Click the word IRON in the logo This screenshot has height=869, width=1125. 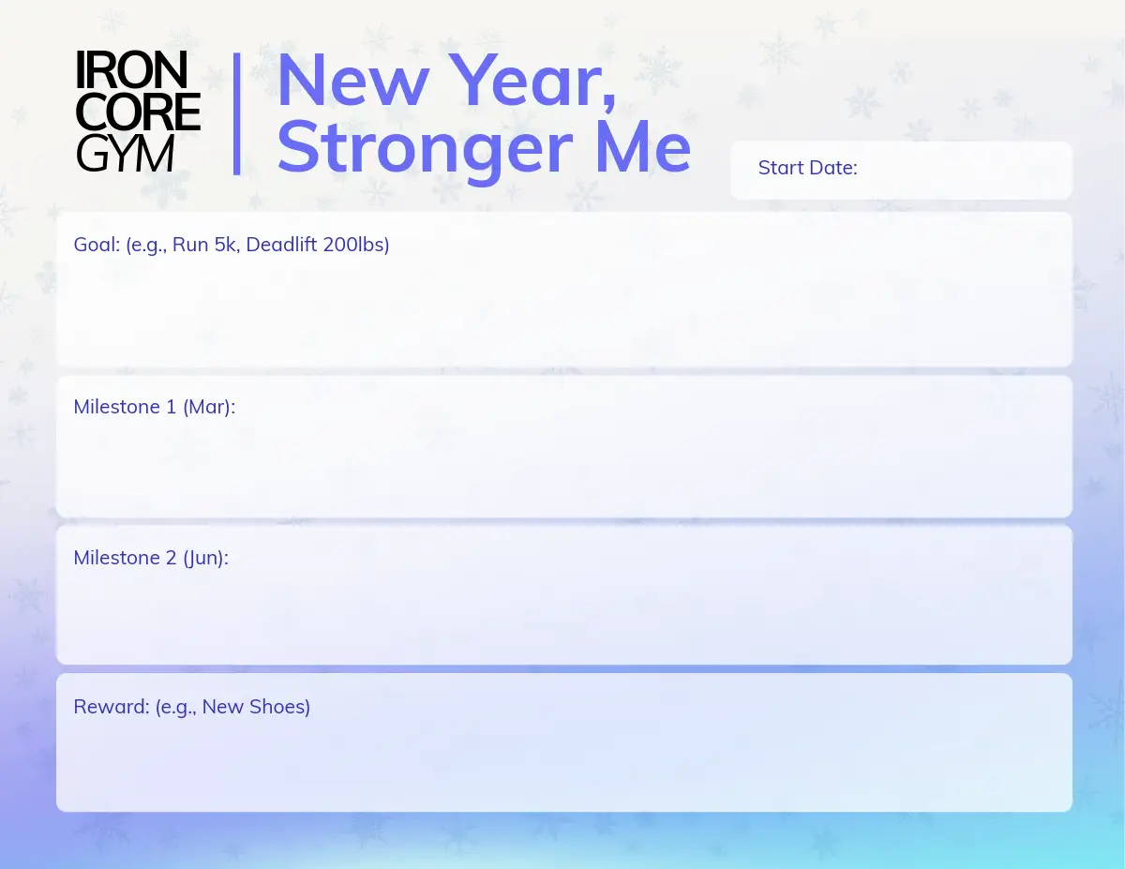[131, 70]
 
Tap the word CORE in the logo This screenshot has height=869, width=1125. [138, 112]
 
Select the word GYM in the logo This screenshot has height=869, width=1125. [125, 154]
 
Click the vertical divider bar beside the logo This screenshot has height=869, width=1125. [236, 113]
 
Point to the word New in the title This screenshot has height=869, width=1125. [353, 81]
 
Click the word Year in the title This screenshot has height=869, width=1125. [532, 82]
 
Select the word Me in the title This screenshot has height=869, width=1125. [643, 146]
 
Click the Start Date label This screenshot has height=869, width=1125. [807, 168]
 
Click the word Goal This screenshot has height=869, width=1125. [97, 245]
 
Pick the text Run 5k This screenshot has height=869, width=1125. [204, 245]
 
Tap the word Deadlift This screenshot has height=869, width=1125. [281, 245]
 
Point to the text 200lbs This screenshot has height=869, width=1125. [353, 245]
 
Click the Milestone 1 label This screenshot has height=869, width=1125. [125, 407]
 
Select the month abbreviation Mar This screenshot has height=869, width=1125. [206, 407]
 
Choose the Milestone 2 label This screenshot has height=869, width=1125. [126, 558]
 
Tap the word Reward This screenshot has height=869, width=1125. [112, 707]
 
